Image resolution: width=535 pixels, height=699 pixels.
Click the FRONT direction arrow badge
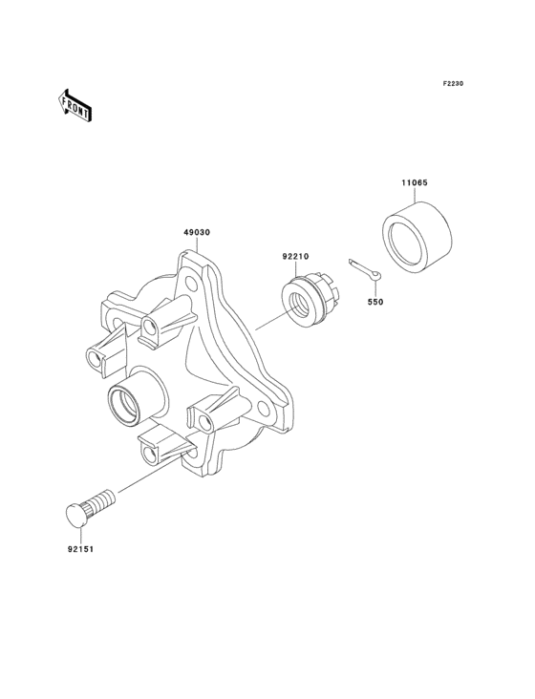75,105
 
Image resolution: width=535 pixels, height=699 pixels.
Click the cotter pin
366,271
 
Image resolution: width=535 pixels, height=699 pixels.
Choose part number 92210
294,256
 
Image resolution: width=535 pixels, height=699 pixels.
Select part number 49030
198,232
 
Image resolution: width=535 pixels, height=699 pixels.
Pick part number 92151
80,549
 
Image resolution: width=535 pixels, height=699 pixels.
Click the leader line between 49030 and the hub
198,244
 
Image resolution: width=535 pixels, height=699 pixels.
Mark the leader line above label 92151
79,534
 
